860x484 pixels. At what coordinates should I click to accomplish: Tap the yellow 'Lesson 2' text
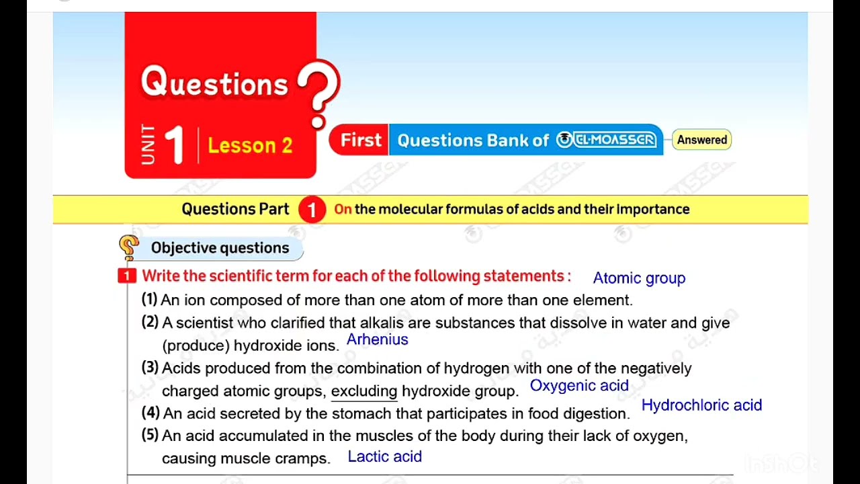250,145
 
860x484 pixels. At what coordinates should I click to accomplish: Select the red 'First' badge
360,140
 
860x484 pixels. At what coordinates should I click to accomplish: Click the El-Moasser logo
606,140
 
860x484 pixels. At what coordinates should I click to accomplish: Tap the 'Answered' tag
701,140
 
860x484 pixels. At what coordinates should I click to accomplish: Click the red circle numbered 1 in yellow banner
312,210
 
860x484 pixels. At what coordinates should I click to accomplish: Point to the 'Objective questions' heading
220,248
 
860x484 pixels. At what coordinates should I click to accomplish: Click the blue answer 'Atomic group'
639,278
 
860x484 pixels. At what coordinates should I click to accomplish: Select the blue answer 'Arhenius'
377,339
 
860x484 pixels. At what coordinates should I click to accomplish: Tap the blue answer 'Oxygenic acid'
579,386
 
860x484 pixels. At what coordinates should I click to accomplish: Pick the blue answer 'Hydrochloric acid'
701,405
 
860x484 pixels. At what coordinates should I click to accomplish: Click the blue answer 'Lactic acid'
384,457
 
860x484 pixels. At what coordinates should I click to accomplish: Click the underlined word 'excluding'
364,391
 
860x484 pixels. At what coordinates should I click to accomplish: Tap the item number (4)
150,413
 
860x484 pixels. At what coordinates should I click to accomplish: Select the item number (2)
150,323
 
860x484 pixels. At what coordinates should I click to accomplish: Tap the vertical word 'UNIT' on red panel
148,145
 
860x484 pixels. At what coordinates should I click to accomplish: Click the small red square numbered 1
126,276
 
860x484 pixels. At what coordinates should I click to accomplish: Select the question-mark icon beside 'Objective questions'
129,247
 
